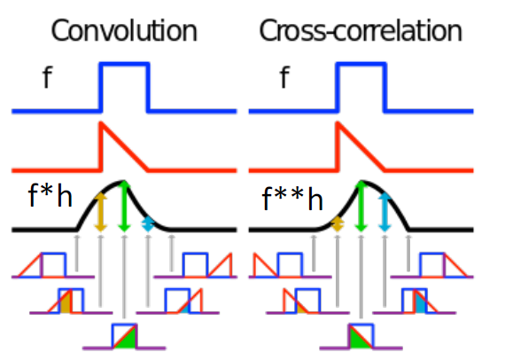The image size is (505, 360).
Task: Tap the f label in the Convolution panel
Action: pyautogui.click(x=47, y=79)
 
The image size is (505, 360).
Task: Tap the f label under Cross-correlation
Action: pyautogui.click(x=284, y=79)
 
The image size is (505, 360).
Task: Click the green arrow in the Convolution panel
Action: pyautogui.click(x=124, y=206)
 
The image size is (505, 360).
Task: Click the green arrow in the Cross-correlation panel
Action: pyautogui.click(x=361, y=206)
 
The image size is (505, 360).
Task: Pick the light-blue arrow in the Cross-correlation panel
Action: pyautogui.click(x=385, y=213)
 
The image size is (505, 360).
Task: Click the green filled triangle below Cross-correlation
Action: pyautogui.click(x=358, y=337)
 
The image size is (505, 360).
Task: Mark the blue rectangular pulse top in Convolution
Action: pyautogui.click(x=124, y=64)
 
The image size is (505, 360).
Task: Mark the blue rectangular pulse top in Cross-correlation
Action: pyautogui.click(x=361, y=64)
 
